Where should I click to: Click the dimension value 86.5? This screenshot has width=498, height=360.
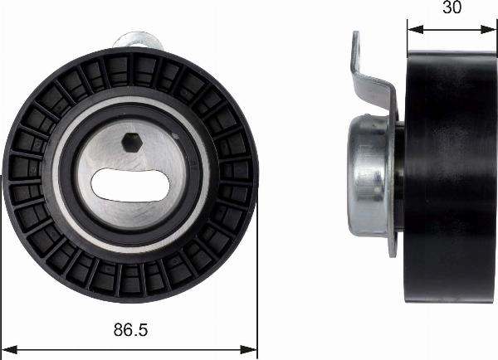pos(130,331)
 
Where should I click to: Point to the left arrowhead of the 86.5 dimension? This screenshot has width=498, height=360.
pos(7,347)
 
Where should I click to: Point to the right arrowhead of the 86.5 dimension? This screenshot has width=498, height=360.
pos(252,347)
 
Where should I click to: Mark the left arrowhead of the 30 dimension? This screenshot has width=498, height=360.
pos(413,28)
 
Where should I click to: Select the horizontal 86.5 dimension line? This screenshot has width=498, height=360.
pos(130,347)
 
